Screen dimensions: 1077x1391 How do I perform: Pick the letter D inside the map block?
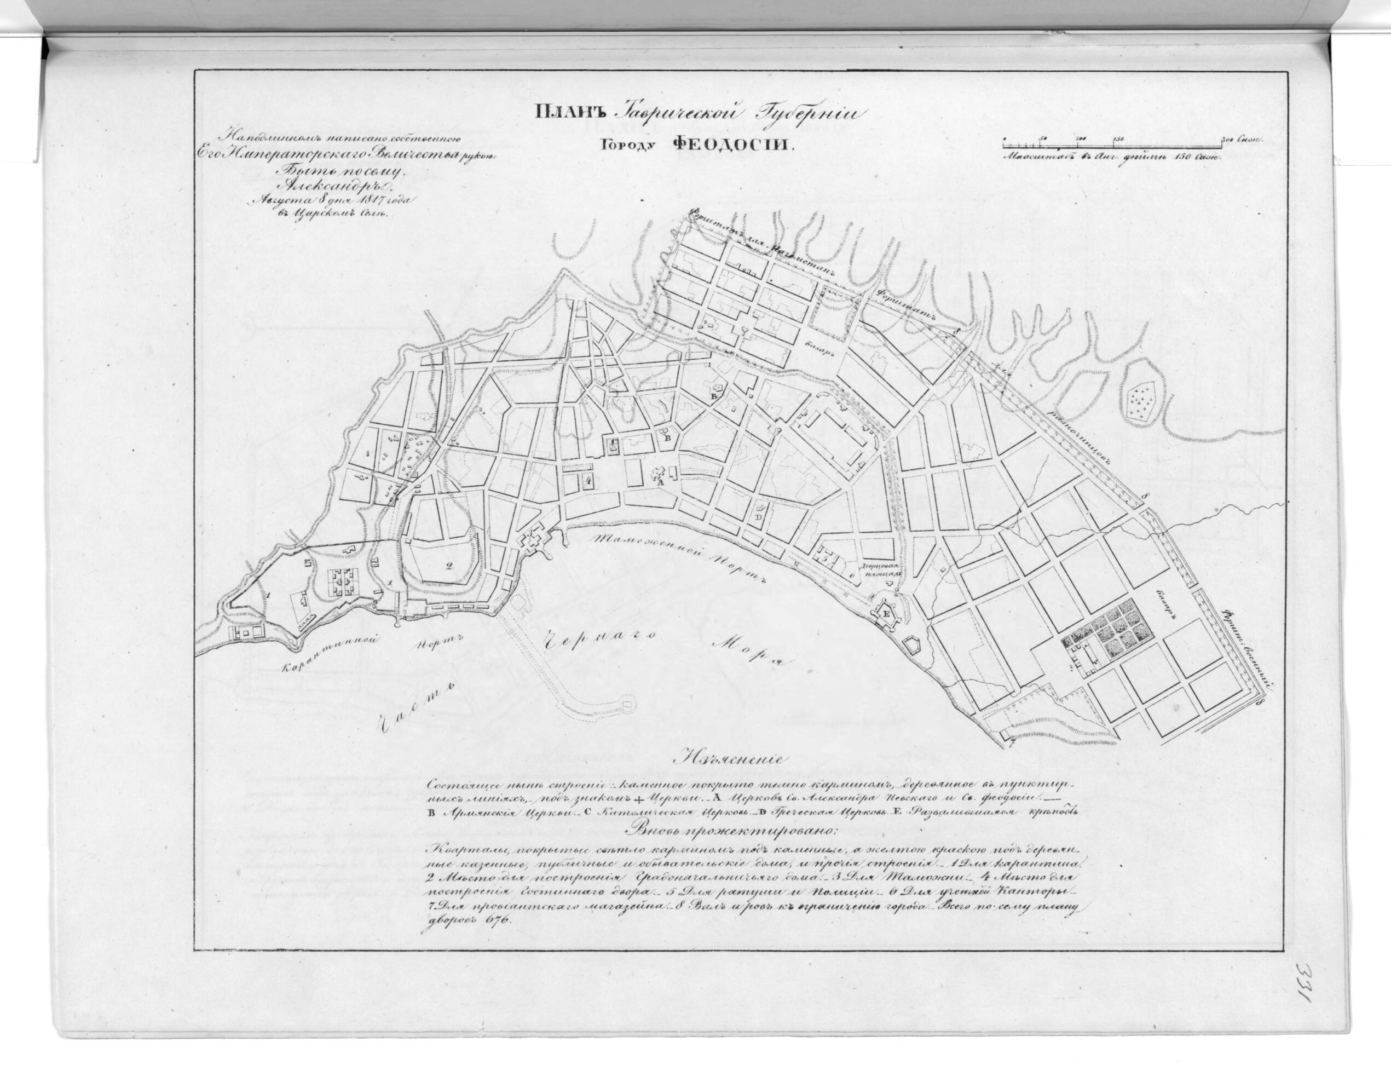[x=759, y=517]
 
